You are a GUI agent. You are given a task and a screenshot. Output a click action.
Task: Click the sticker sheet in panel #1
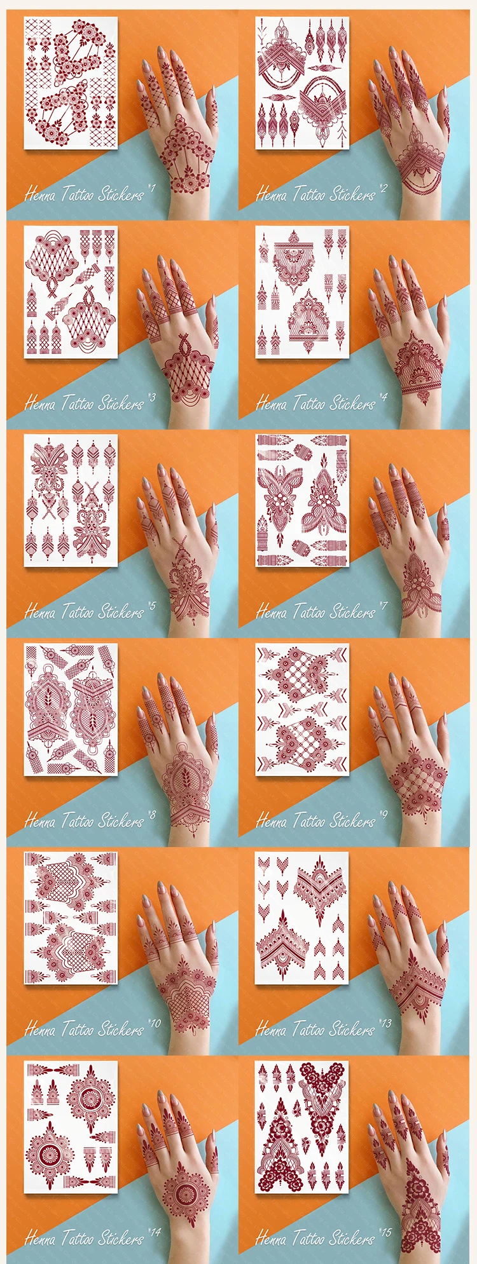click(71, 83)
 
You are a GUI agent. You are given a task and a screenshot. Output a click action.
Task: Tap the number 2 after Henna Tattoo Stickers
click(384, 188)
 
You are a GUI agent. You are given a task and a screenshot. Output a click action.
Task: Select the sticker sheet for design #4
click(302, 292)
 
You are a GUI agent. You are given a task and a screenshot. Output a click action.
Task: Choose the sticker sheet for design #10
click(71, 918)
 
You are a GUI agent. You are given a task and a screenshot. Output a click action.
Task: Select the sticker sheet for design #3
click(71, 292)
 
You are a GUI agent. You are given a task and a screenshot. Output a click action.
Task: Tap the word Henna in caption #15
click(270, 1238)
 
